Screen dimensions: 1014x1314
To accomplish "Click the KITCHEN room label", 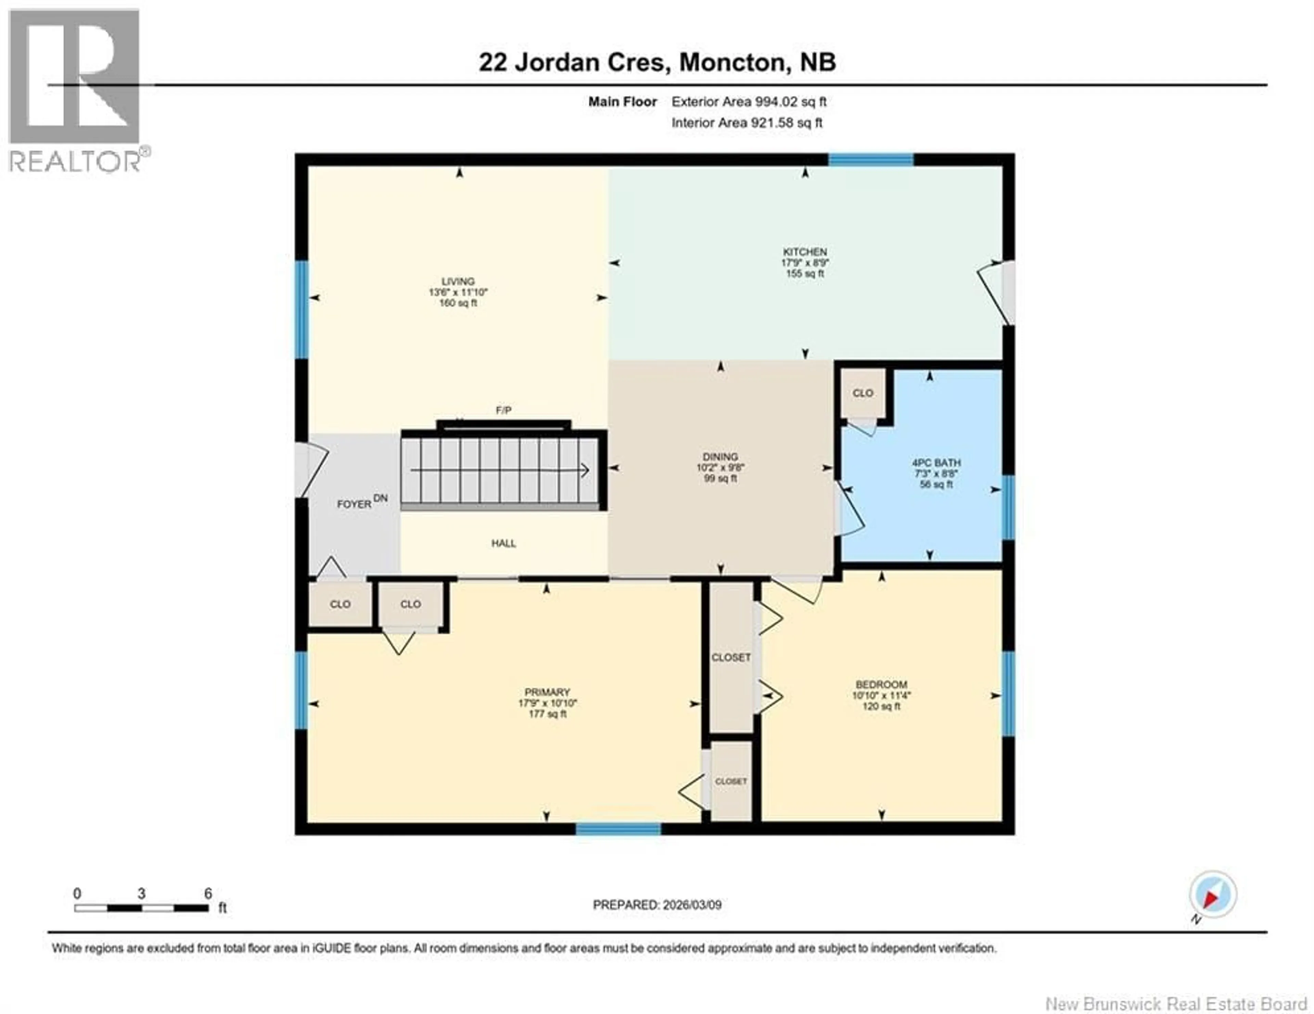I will point(804,251).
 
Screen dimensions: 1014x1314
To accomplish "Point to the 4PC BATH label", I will point(936,463).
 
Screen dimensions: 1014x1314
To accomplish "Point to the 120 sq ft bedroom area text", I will point(881,706).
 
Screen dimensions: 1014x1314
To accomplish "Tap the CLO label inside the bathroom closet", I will point(862,393).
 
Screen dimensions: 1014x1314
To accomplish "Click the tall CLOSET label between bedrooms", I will point(731,658).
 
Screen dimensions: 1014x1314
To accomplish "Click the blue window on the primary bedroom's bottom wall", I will point(618,829).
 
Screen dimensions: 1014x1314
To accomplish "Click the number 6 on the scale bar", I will point(208,893).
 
